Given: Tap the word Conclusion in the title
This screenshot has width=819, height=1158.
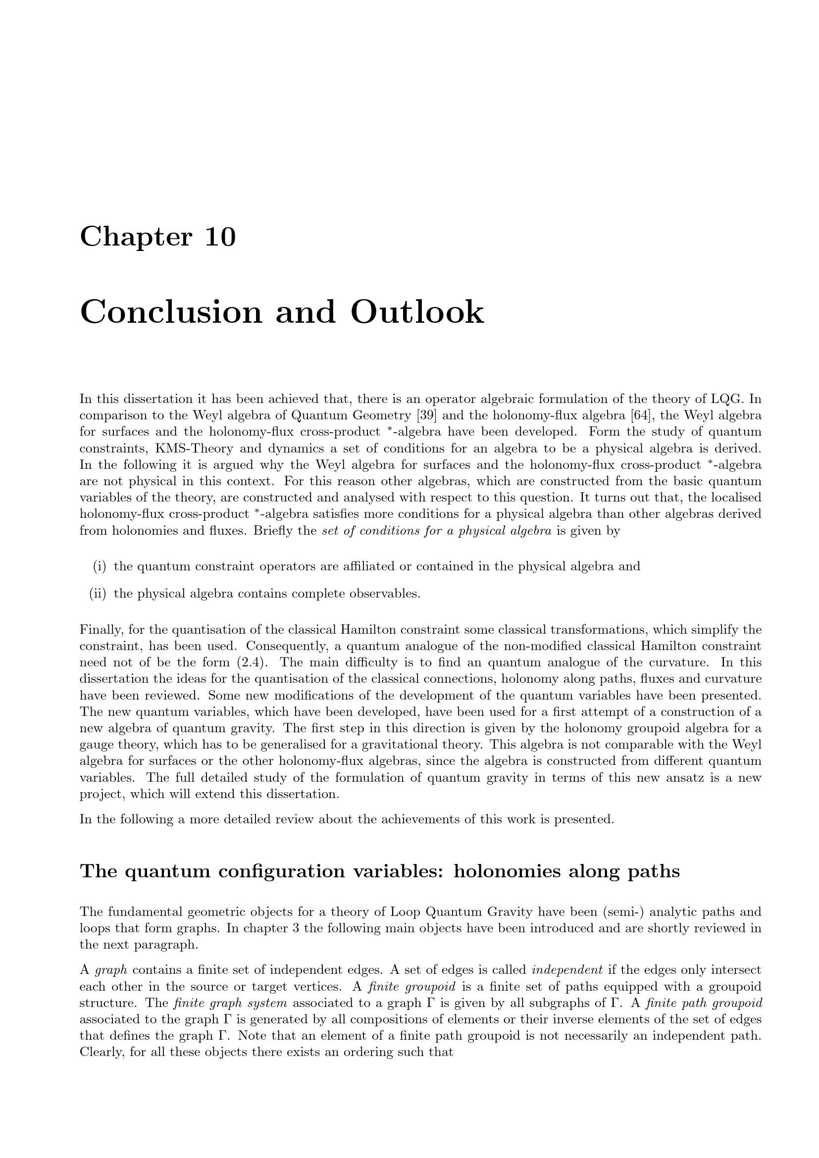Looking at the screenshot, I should tap(171, 312).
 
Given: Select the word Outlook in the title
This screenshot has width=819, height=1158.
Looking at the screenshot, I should tap(417, 312).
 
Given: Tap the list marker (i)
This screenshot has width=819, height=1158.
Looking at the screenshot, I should tap(100, 566).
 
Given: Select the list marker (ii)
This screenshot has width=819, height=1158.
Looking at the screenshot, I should tap(98, 594).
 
